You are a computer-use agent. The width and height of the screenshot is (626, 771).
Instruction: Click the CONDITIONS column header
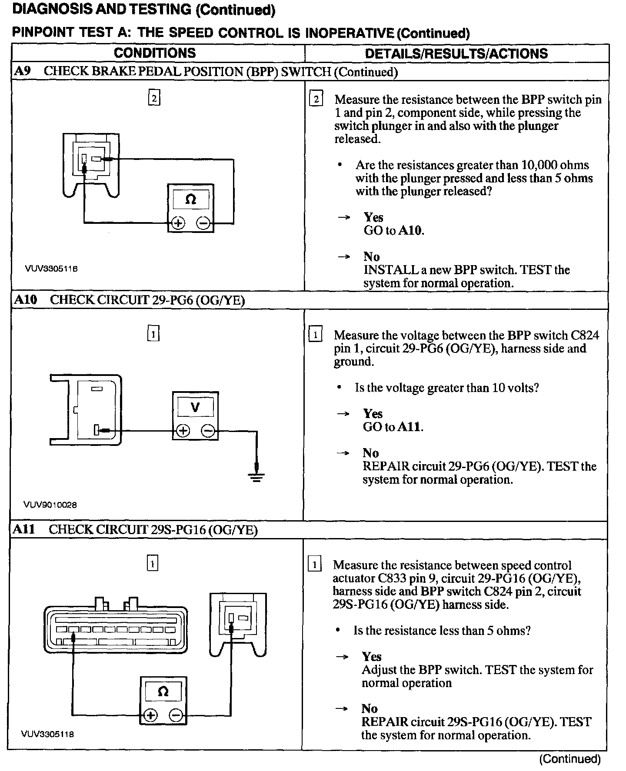155,53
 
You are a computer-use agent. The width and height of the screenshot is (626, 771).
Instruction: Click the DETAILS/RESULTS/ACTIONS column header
456,53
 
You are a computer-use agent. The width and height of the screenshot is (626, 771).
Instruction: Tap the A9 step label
23,71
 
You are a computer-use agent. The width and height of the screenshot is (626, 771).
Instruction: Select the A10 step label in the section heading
26,300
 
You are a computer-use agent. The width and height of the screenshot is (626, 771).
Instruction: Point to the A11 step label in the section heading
24,529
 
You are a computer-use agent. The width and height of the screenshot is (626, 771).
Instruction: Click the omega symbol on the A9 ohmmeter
190,199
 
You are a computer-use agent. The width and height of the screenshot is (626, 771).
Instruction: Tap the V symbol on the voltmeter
196,407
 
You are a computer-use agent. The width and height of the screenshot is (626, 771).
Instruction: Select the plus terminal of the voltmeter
183,431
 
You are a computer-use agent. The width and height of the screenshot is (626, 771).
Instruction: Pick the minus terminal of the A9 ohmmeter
203,223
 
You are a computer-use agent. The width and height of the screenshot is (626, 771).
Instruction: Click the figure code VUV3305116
51,269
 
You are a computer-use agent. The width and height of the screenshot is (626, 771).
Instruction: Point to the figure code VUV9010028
50,505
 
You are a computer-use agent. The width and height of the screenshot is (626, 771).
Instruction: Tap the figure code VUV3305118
48,734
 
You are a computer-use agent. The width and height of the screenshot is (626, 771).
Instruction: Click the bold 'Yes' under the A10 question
373,413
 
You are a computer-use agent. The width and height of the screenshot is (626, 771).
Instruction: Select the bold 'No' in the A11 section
370,708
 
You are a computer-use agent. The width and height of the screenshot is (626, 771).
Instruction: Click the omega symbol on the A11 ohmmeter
163,691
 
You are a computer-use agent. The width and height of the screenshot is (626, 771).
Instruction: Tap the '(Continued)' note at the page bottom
569,759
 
